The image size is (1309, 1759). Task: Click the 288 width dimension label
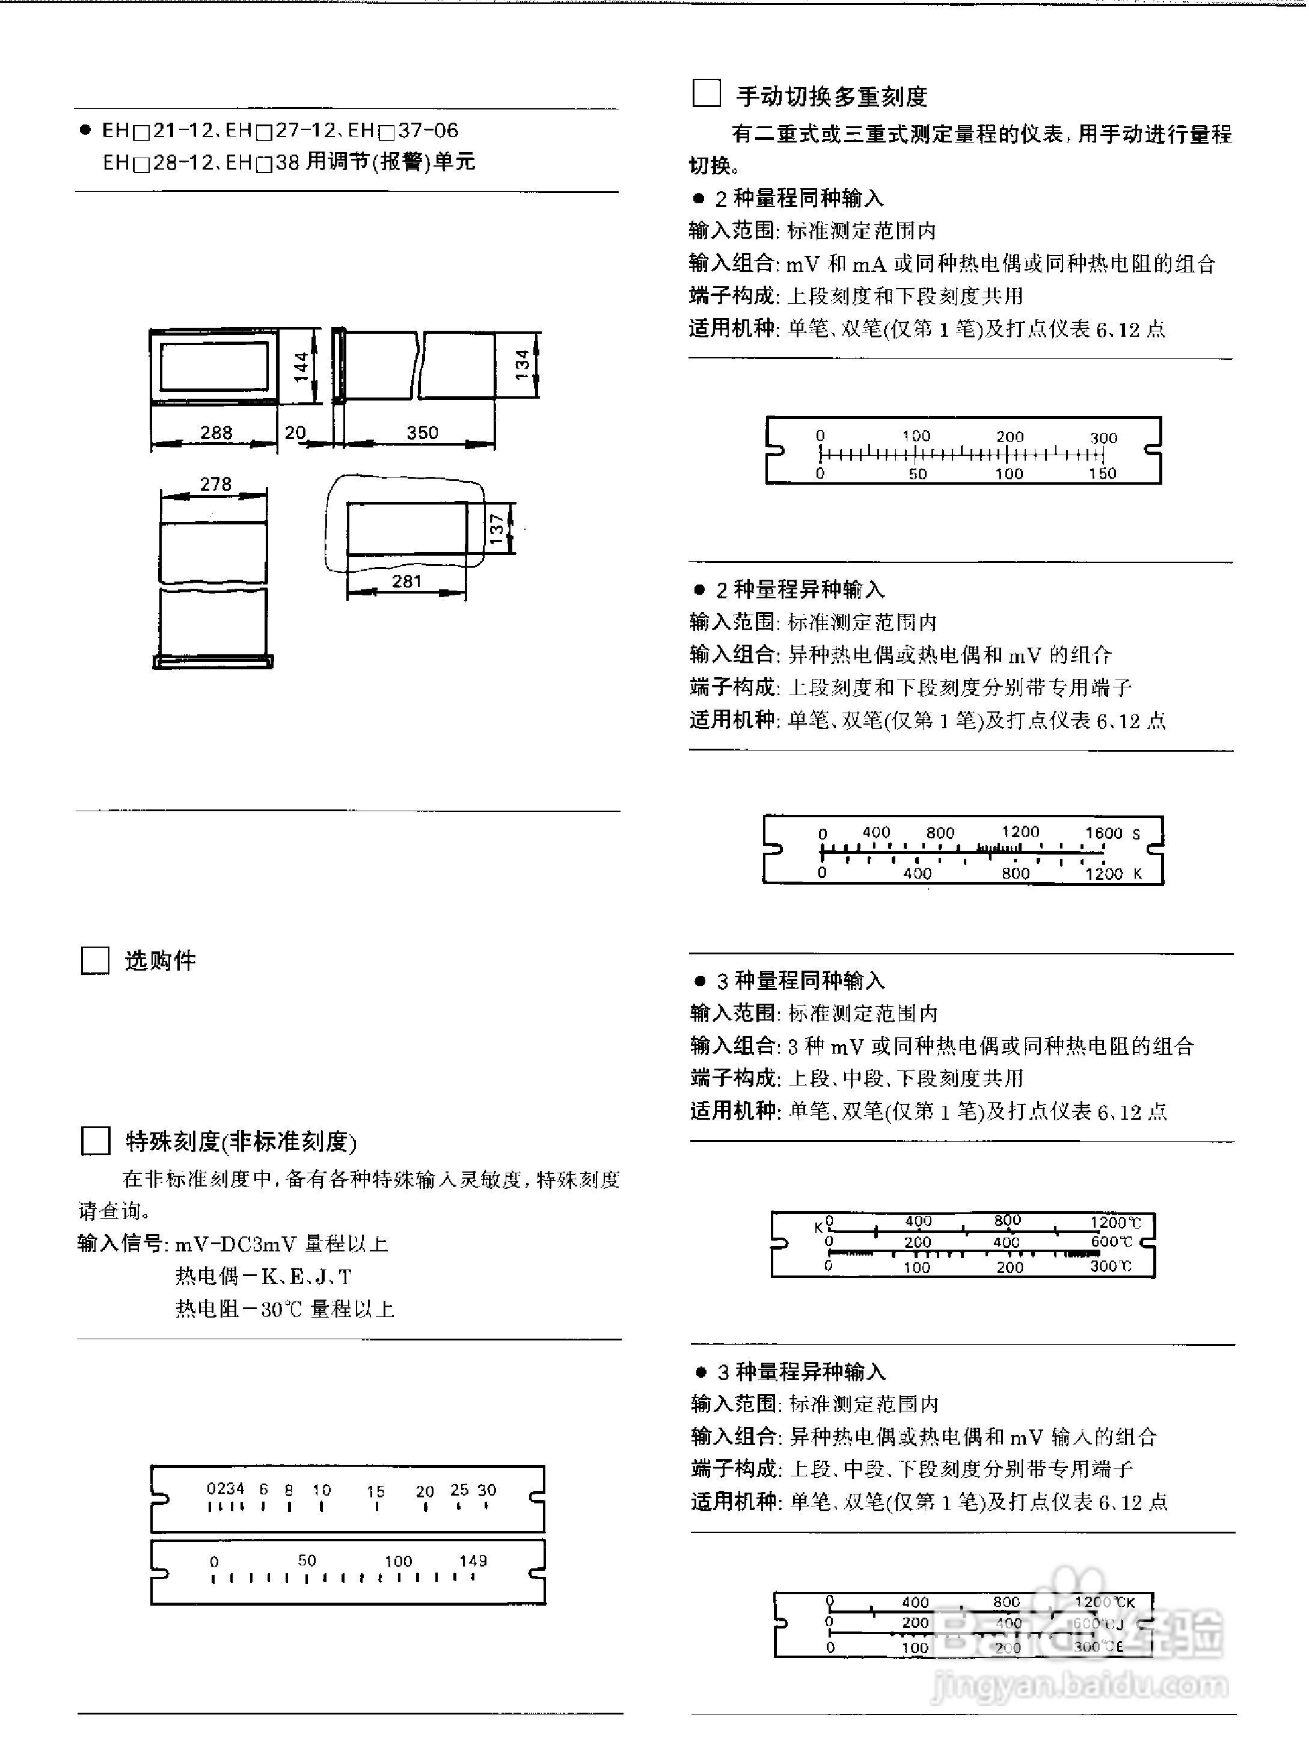[215, 432]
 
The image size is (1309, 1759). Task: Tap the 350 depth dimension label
[422, 432]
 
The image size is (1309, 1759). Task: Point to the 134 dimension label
[521, 364]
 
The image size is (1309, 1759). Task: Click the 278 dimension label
[215, 484]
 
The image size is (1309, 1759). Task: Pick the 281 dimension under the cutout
[406, 581]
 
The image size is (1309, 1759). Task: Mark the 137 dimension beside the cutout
[497, 529]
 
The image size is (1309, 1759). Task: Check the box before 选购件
[95, 960]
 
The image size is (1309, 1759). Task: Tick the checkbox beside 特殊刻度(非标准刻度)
[96, 1141]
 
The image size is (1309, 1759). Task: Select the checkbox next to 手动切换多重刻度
[706, 93]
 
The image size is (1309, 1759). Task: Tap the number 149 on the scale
[473, 1560]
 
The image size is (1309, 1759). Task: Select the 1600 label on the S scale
[1104, 833]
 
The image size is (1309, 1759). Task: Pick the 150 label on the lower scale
[1102, 473]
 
